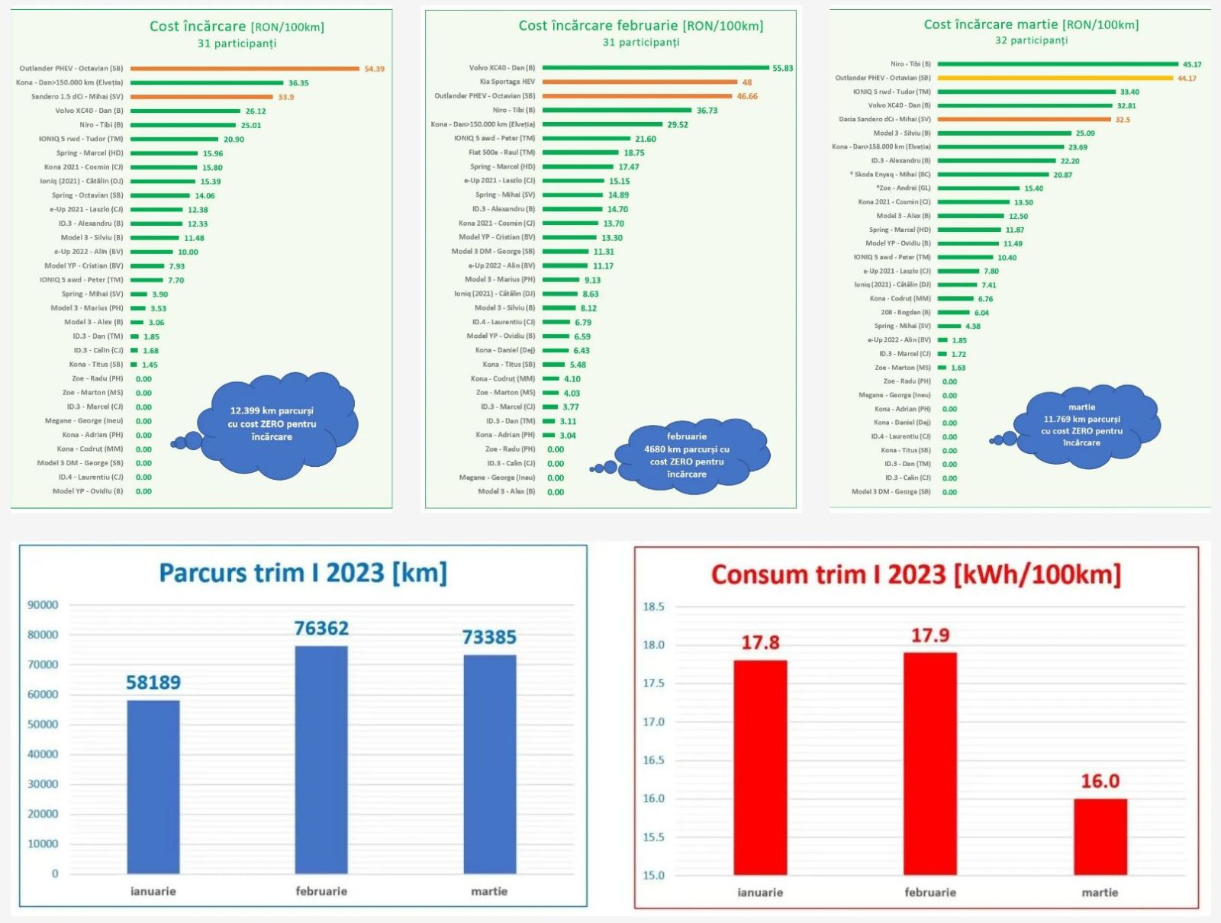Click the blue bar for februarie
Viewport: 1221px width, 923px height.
(x=321, y=759)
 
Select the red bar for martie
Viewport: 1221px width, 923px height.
(x=1100, y=836)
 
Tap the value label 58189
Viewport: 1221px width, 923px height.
(x=153, y=682)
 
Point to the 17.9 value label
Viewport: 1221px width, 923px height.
(x=930, y=635)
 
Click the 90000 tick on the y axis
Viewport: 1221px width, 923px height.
(x=43, y=605)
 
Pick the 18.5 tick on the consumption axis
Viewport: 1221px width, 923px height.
(x=653, y=607)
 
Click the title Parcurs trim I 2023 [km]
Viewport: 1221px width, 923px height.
(x=303, y=573)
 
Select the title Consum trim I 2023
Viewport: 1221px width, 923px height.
(x=916, y=574)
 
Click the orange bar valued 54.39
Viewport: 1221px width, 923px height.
(x=245, y=69)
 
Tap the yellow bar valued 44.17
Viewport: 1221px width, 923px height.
(x=1055, y=78)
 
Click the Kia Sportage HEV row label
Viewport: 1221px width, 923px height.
(x=507, y=82)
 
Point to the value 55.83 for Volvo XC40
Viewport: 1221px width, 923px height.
(x=782, y=68)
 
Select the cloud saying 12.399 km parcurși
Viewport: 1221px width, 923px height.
(x=272, y=424)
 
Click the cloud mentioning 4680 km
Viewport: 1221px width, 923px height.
(x=687, y=455)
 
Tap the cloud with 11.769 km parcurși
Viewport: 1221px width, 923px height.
(x=1081, y=426)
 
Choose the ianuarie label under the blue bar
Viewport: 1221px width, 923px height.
(x=153, y=891)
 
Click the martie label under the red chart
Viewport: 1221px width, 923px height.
(x=1100, y=892)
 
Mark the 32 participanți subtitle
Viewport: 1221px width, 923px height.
(x=1031, y=40)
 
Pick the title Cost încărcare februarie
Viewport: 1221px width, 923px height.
(x=640, y=26)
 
